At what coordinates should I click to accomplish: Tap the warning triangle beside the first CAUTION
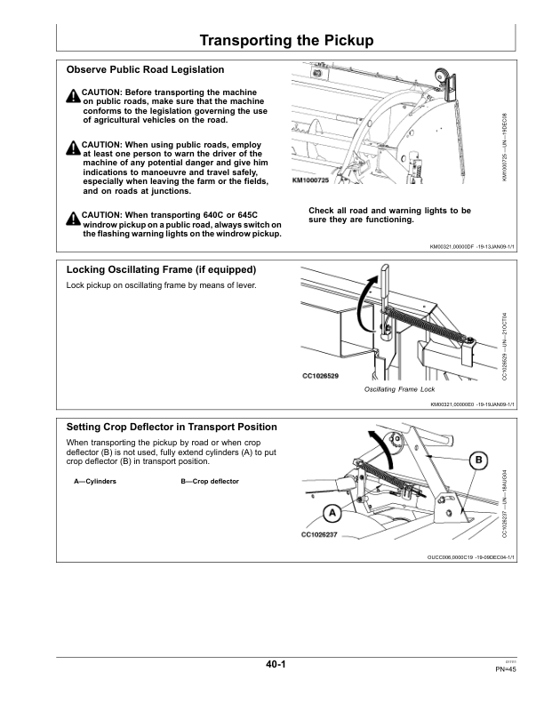(72, 96)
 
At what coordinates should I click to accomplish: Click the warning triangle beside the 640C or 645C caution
(72, 218)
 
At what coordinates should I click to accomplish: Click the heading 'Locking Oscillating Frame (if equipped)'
(162, 269)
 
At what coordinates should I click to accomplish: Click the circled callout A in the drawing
(331, 513)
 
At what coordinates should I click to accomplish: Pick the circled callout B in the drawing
(478, 460)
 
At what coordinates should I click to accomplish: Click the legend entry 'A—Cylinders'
(95, 482)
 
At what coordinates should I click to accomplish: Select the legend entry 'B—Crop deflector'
(210, 482)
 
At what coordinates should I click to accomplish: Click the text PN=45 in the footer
(506, 668)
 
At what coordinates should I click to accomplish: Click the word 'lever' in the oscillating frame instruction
(218, 285)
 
